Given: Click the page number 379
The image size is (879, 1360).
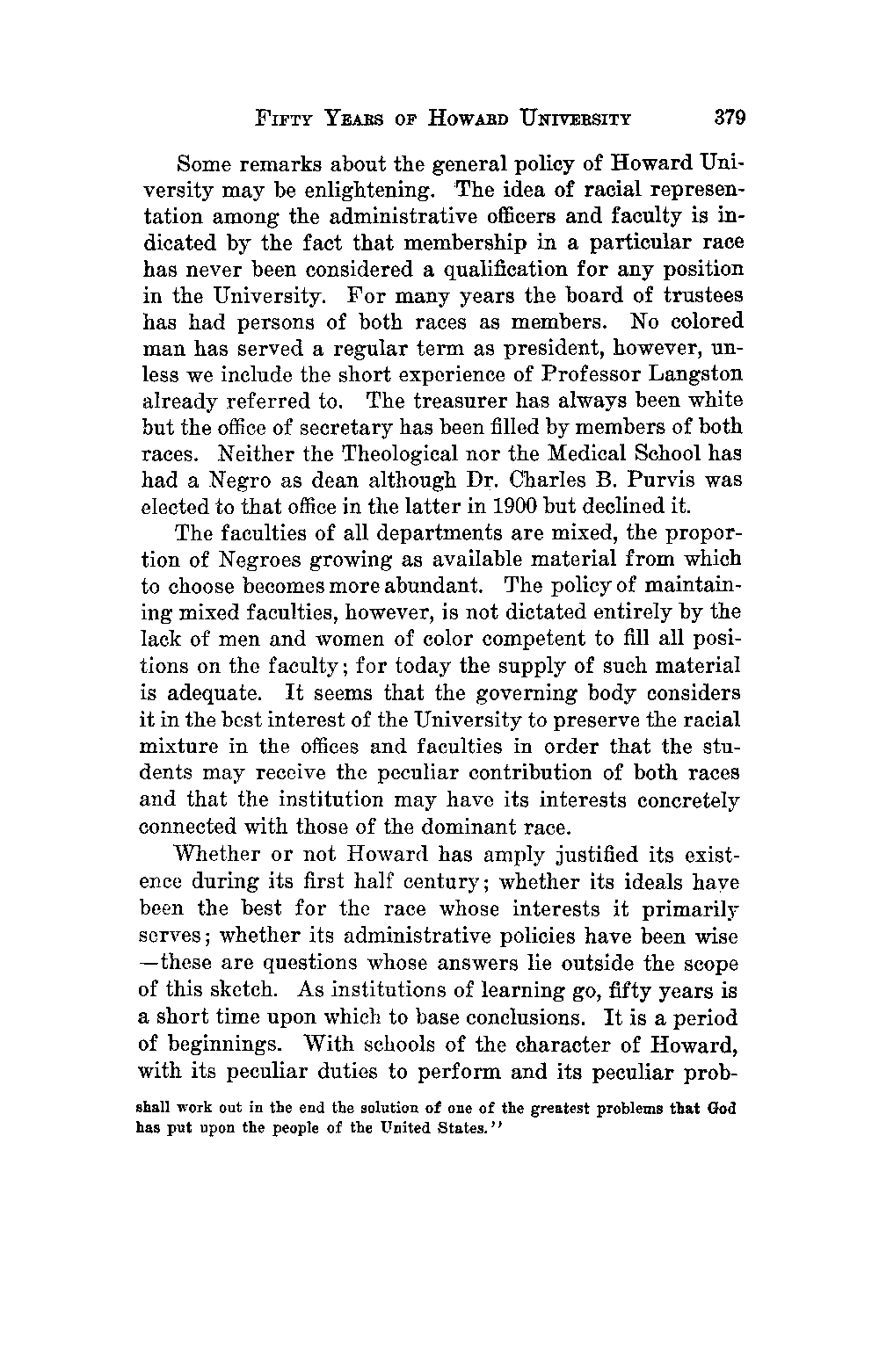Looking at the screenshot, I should [x=730, y=116].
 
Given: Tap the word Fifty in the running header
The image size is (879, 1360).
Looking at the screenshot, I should [x=279, y=117].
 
